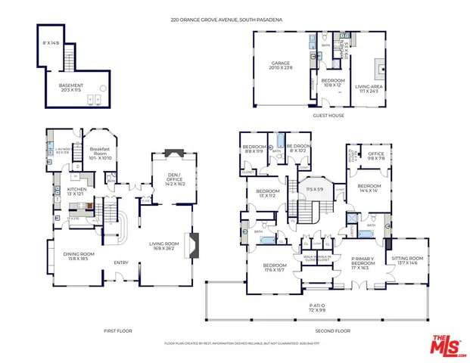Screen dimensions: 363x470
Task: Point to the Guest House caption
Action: click(328, 116)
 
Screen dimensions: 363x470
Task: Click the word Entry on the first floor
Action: click(120, 262)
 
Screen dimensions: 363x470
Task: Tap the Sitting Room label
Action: click(408, 261)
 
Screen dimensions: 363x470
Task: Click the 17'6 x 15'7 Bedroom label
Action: click(275, 267)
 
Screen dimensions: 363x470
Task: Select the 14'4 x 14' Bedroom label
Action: click(369, 188)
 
